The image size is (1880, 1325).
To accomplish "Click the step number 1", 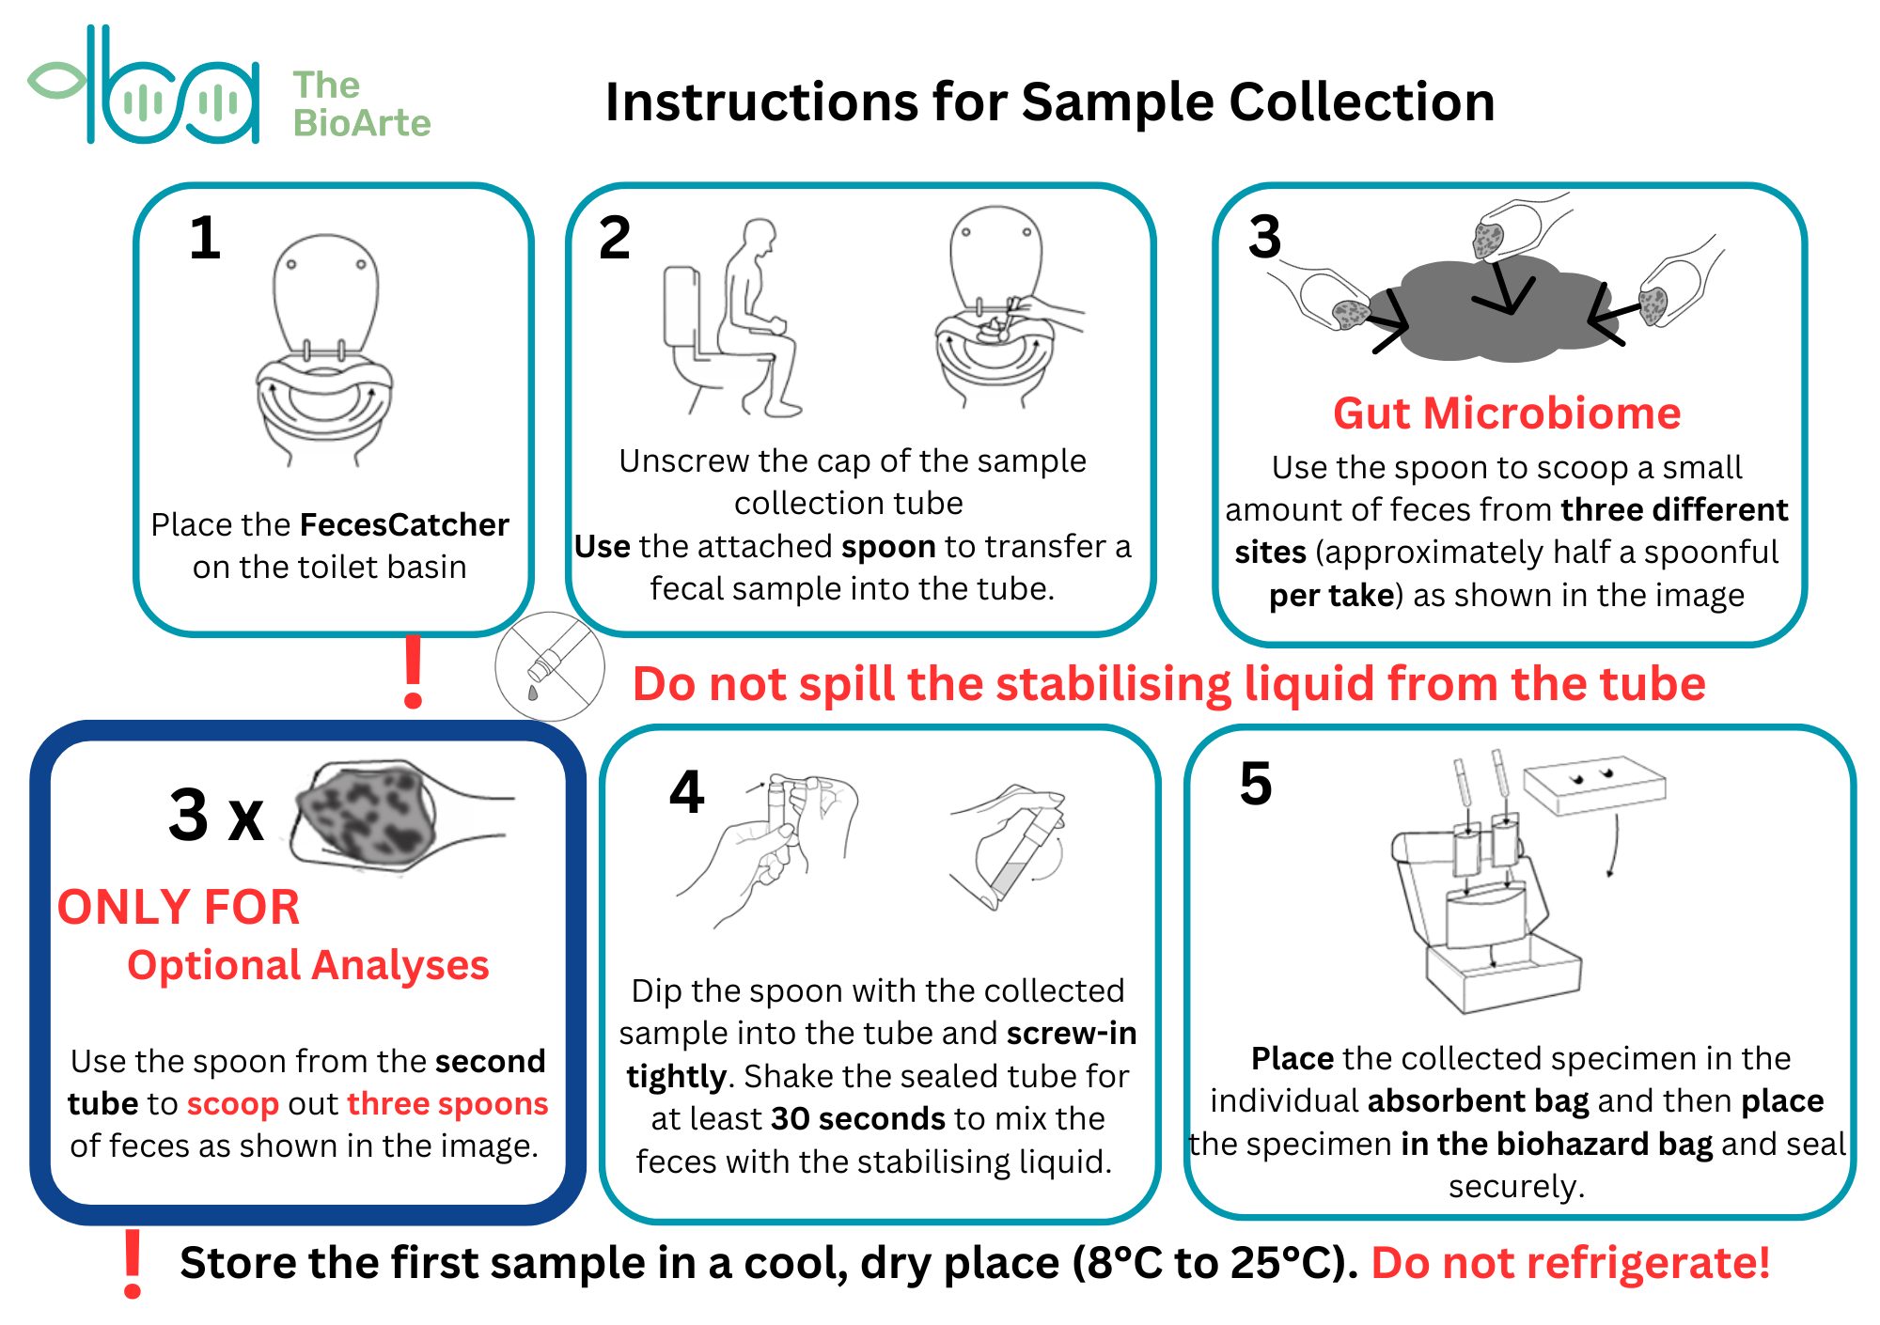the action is click(205, 238).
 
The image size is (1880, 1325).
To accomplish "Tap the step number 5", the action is click(1256, 784).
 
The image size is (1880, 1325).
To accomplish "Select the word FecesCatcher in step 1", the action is click(404, 523).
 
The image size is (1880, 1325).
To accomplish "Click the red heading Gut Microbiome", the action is click(1507, 413).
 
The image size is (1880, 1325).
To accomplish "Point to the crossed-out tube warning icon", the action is click(550, 666).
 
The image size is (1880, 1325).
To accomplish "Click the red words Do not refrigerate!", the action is click(1571, 1262).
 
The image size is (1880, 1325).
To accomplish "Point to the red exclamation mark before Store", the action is click(133, 1264).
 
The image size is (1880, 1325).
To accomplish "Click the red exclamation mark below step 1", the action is click(413, 671).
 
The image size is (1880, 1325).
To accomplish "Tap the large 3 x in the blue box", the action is click(216, 815).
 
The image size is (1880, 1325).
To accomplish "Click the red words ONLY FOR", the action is click(179, 907).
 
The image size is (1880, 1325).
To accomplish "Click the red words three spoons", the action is click(448, 1104).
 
